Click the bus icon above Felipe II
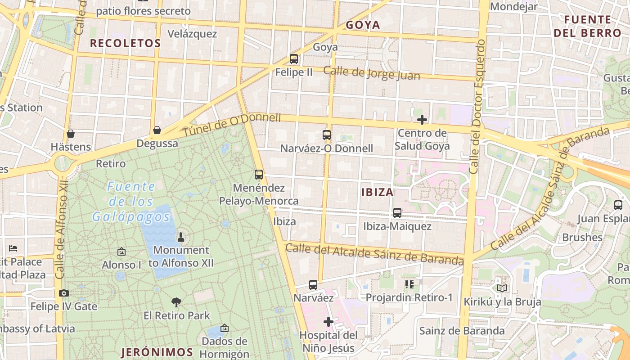294,59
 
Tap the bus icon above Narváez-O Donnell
327,135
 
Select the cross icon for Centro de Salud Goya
422,120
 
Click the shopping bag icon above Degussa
157,130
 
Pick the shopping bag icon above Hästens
71,134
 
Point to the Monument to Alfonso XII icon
181,237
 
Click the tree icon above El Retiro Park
176,302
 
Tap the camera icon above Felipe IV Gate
64,293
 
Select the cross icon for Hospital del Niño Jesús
328,322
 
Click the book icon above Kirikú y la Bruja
502,288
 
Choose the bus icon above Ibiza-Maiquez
397,213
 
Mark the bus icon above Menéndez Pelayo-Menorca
259,175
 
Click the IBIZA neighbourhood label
377,193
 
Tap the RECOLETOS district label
125,43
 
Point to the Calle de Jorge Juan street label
372,73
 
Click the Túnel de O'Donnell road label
232,125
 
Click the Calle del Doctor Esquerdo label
477,107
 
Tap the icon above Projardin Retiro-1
409,284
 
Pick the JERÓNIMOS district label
157,352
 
